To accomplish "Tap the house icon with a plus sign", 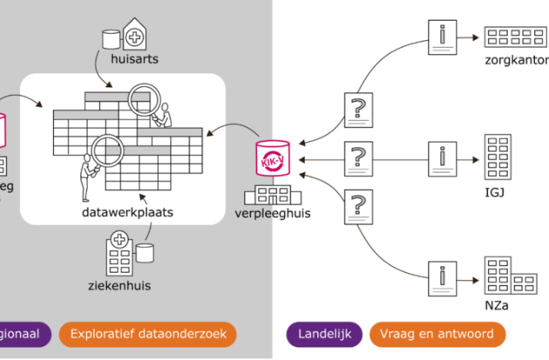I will tap(135, 35).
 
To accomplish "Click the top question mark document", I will tap(357, 112).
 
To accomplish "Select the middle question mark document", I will tap(357, 160).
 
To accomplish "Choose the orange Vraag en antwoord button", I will tap(437, 334).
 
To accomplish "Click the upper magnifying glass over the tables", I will tap(141, 102).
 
